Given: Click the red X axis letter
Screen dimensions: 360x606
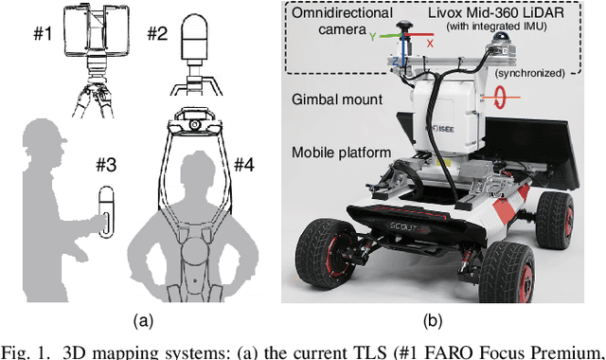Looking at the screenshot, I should pos(432,44).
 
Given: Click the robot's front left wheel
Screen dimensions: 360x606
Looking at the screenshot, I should pos(327,258).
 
